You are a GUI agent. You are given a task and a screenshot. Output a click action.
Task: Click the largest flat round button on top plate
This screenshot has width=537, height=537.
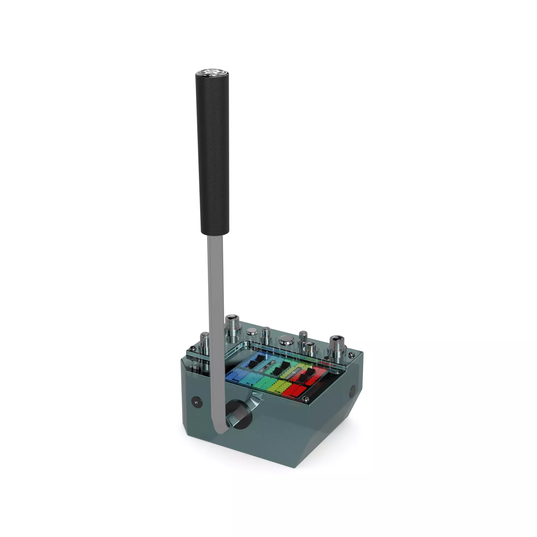click(285, 340)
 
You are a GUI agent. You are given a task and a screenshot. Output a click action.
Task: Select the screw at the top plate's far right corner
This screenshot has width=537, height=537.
click(352, 355)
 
